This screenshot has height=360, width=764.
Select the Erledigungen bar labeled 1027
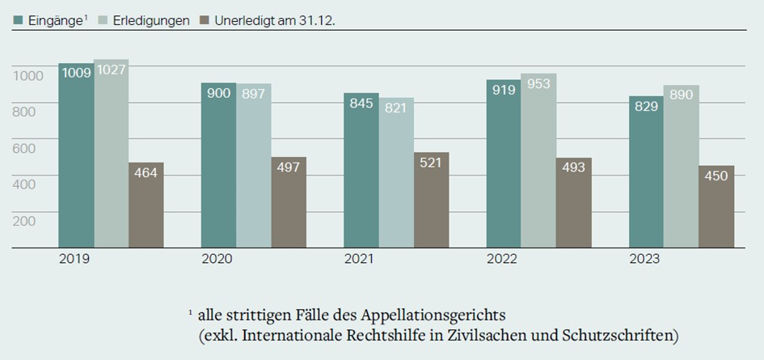[x=111, y=154]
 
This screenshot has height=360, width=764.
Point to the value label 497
[x=289, y=167]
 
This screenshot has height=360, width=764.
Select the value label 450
[x=716, y=176]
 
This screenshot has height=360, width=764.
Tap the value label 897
[x=254, y=94]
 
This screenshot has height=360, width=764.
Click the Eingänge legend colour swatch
[x=18, y=20]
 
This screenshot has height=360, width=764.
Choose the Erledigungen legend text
[x=146, y=20]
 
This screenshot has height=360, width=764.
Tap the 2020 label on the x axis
[x=217, y=260]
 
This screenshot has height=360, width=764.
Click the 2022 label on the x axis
[x=502, y=260]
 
